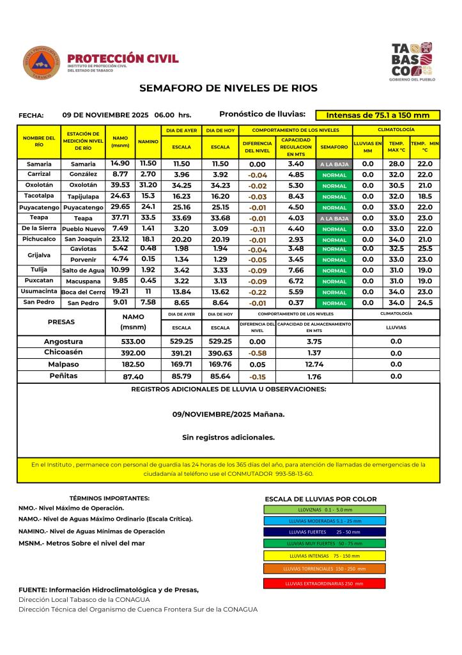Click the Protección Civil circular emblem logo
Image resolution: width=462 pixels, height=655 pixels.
point(42,63)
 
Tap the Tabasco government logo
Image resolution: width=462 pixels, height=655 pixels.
point(412,61)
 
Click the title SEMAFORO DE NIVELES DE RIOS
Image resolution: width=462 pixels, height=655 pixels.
point(228,88)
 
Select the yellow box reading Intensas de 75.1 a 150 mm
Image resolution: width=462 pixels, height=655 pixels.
point(378,116)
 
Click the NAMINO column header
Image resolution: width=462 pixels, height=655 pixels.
point(148,143)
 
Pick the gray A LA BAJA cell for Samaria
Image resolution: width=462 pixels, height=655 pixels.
point(334,164)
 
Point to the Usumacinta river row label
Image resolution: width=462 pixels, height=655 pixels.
point(38,291)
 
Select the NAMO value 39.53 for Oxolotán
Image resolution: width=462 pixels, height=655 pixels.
point(119,185)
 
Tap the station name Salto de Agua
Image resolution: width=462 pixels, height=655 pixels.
point(83,271)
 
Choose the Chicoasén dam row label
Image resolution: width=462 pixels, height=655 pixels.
point(63,352)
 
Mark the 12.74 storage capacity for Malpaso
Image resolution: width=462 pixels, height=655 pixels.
point(314,365)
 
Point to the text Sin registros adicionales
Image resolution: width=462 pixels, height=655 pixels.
point(228,438)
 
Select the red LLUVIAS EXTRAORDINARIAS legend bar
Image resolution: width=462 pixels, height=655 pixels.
point(324,583)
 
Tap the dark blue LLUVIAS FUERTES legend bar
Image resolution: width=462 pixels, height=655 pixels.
point(324,532)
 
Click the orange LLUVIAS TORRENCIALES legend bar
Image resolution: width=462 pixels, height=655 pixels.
point(324,568)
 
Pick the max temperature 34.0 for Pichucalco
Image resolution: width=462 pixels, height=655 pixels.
point(396,239)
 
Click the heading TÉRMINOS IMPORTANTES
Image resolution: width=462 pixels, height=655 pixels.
point(109,498)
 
